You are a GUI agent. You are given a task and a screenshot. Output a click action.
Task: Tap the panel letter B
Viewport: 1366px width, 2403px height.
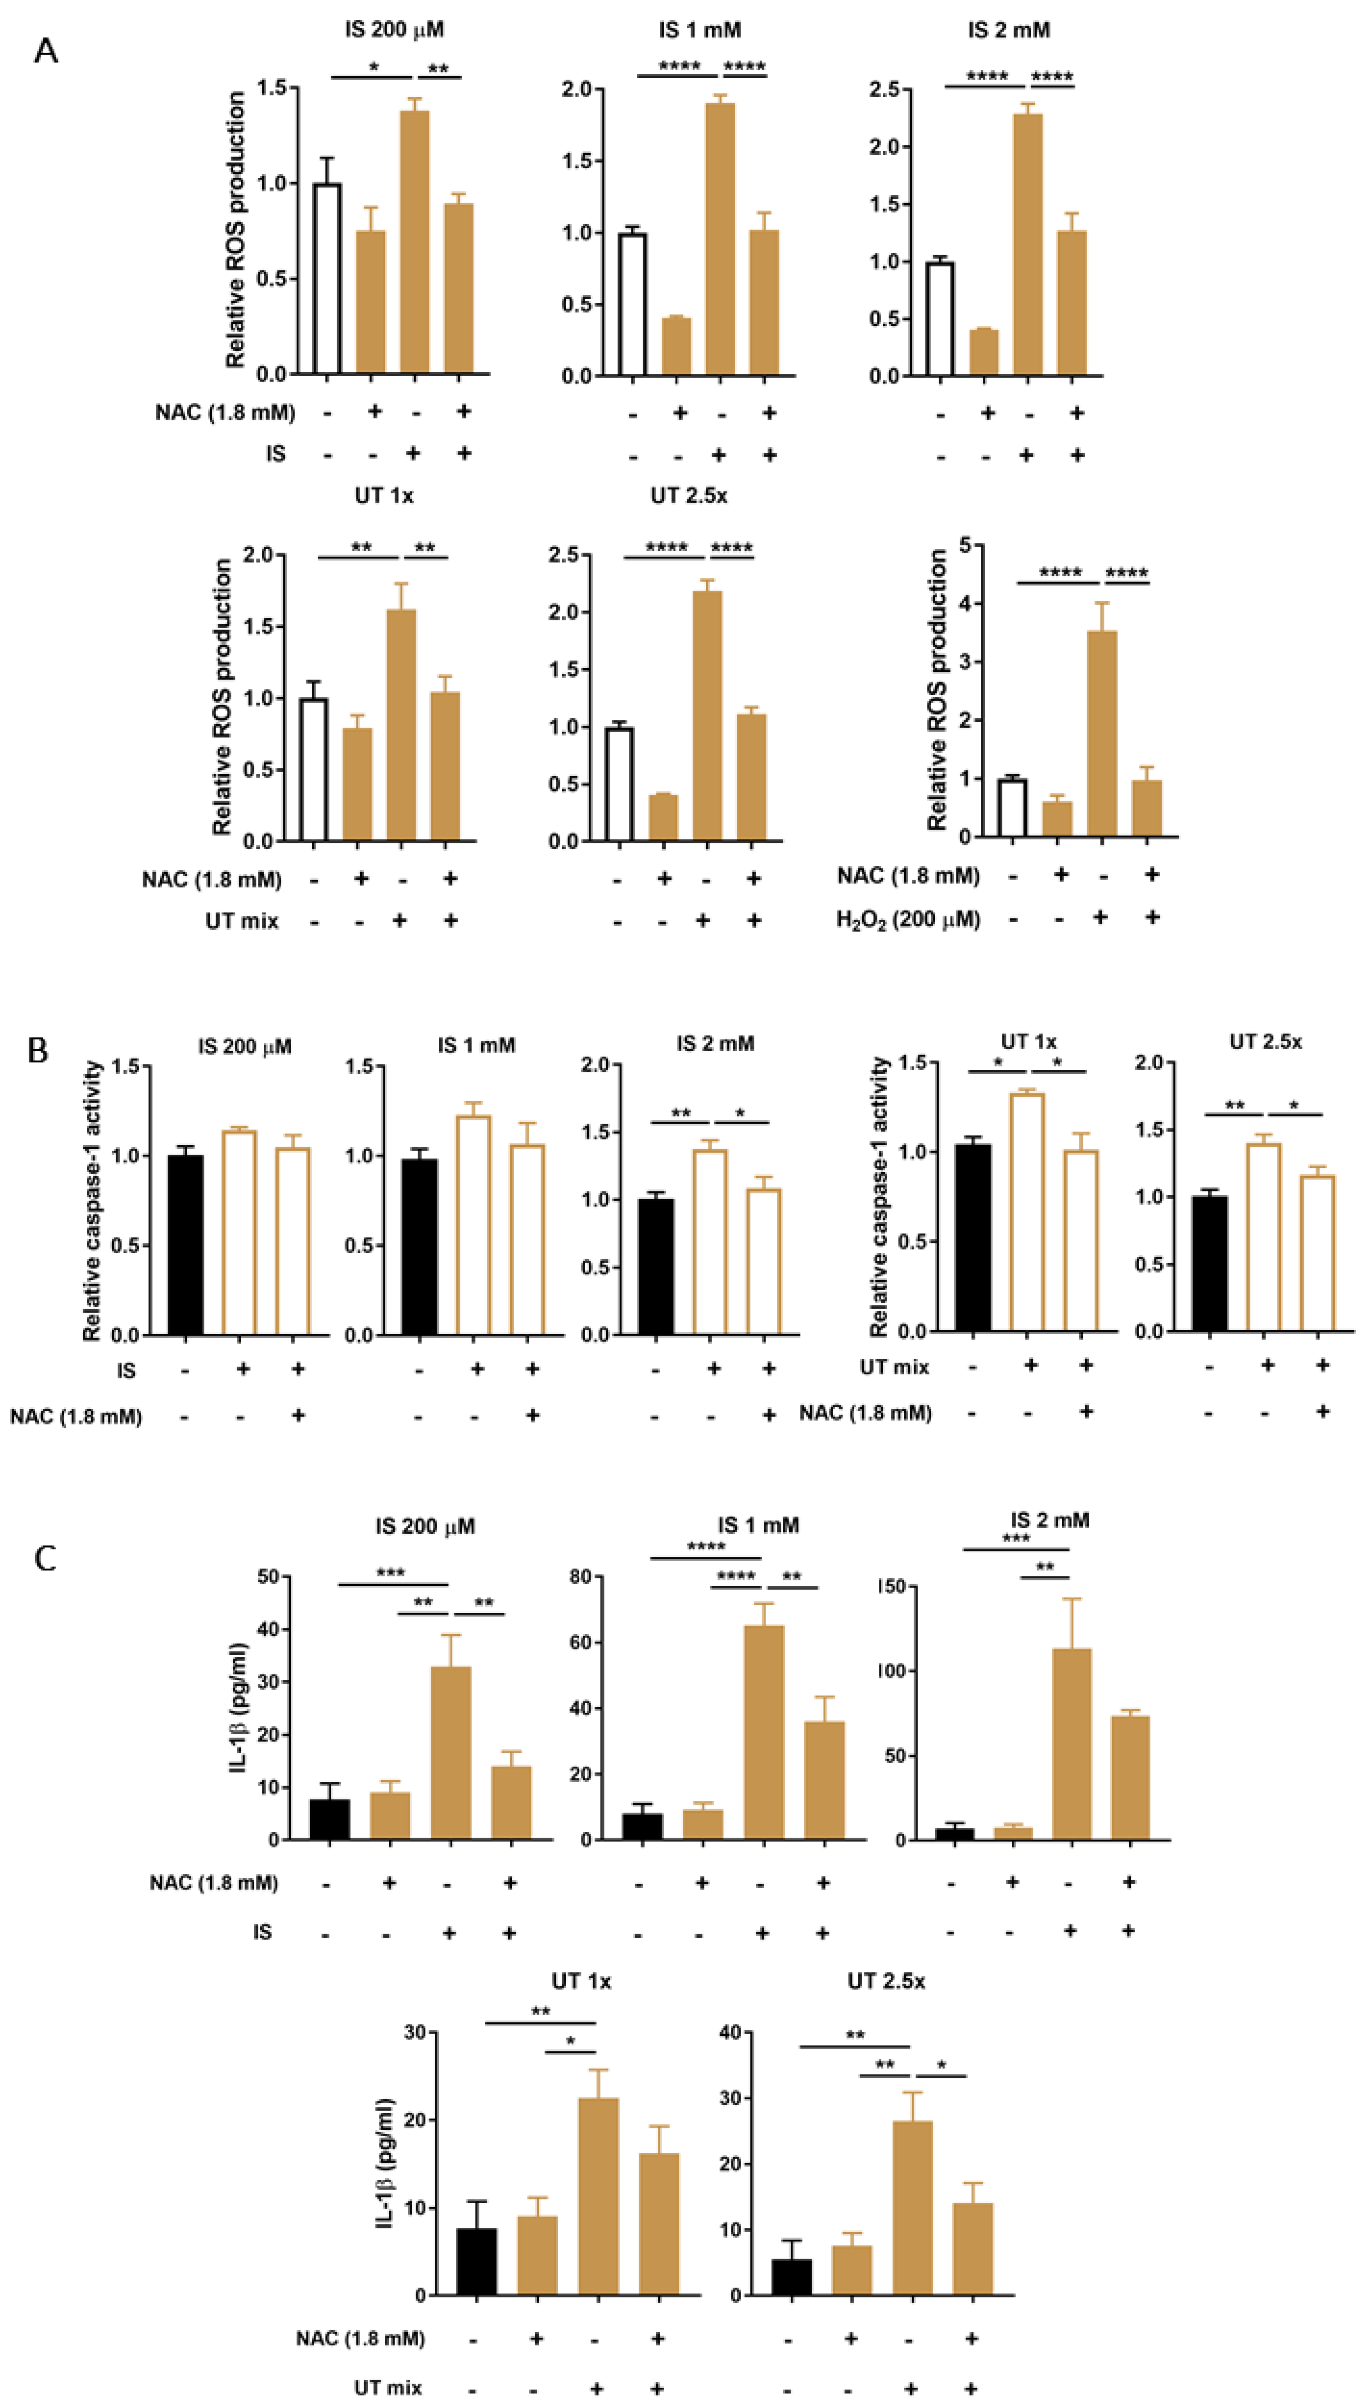coord(37,1050)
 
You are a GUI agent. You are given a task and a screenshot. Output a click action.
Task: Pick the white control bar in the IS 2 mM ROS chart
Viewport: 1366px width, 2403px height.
coord(939,319)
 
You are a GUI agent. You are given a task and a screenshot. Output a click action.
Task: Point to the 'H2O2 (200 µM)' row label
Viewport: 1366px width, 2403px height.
coord(907,919)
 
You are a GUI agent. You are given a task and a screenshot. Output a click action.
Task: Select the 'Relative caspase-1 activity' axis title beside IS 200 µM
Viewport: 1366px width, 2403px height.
coord(92,1201)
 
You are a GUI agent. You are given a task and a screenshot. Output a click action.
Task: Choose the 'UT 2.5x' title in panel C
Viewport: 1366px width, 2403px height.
coord(886,1981)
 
